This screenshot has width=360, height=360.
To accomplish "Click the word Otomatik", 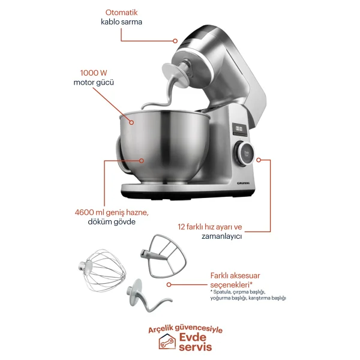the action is click(x=121, y=13).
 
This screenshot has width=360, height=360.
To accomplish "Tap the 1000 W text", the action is click(x=94, y=73).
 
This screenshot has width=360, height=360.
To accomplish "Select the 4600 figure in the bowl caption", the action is click(x=84, y=212).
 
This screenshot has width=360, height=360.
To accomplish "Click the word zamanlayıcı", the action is click(x=221, y=236).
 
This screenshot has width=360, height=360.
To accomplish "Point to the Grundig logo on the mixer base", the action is click(x=243, y=183).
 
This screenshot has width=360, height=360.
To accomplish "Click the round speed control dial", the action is click(x=244, y=153).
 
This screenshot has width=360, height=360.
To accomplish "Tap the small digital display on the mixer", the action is click(x=239, y=130).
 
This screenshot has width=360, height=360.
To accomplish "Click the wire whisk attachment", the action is click(x=102, y=271).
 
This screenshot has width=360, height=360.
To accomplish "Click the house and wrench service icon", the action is click(x=167, y=341).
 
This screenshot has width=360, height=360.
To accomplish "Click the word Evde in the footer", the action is click(x=193, y=337).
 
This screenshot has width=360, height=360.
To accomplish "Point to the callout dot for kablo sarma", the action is click(x=175, y=41).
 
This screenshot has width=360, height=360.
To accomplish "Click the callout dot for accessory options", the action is click(x=169, y=284).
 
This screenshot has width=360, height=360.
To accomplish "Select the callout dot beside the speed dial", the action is click(x=259, y=160).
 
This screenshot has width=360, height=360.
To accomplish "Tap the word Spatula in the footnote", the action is click(x=222, y=292).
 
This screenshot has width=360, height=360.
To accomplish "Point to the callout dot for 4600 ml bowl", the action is click(x=142, y=161).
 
